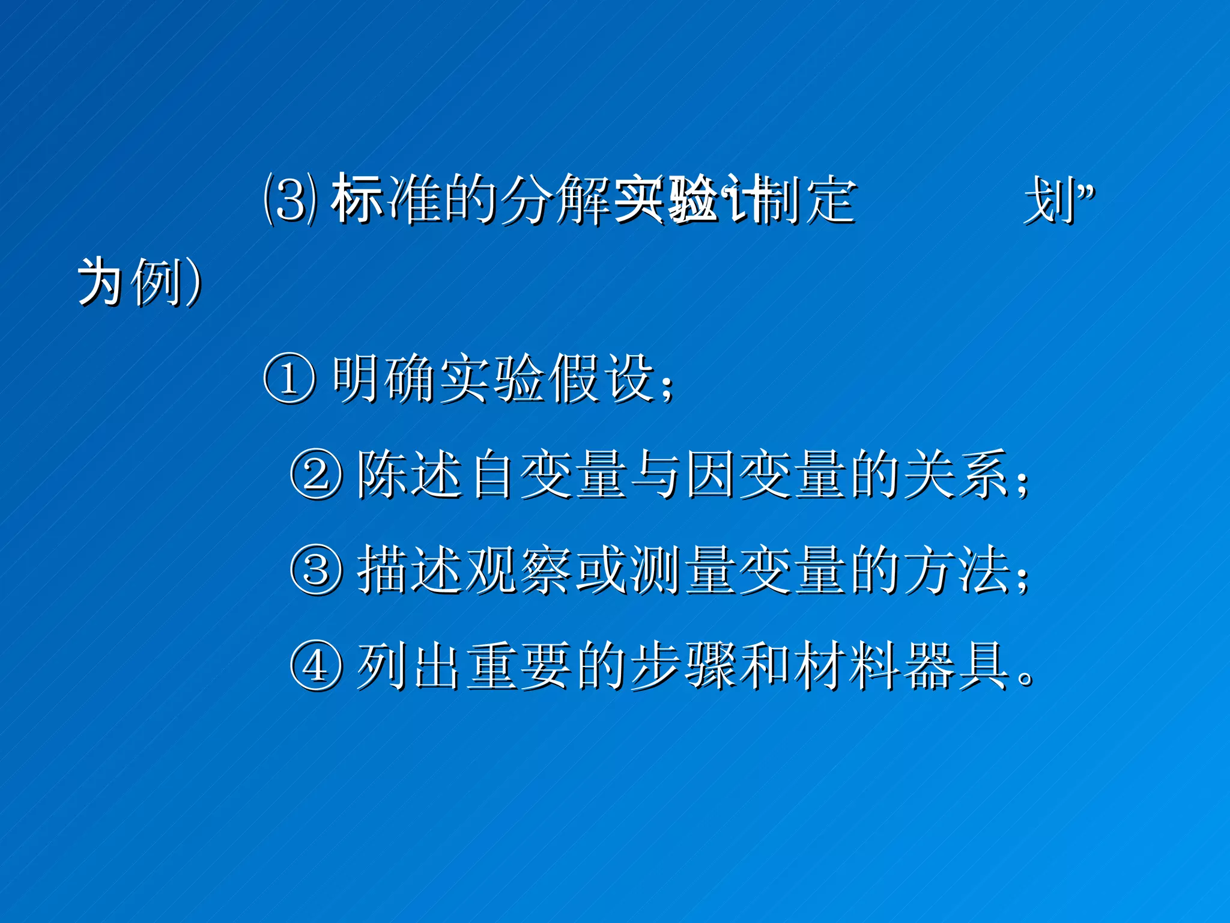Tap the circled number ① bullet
coord(289,378)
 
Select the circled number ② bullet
coord(317,474)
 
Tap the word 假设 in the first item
coord(604,378)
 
